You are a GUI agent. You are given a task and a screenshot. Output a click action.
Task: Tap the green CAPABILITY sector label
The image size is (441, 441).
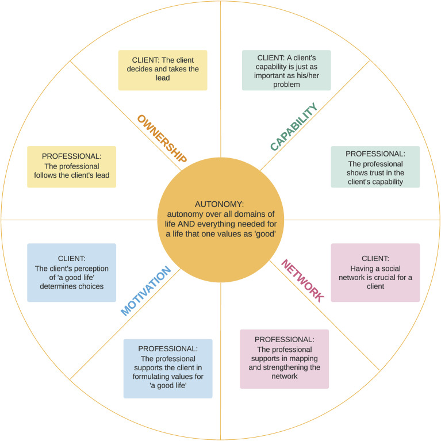point(294,128)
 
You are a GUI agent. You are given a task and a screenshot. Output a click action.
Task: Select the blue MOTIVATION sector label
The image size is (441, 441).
point(146,291)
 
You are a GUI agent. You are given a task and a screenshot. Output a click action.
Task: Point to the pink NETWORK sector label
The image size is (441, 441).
point(302,281)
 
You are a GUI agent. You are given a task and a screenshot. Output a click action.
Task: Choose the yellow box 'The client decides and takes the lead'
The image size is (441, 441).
point(163,70)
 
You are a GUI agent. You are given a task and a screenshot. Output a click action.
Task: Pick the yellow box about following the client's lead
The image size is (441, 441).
point(72,166)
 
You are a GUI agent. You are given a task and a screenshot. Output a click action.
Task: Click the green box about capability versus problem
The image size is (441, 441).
point(286,70)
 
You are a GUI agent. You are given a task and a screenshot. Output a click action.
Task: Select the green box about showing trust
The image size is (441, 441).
point(375,167)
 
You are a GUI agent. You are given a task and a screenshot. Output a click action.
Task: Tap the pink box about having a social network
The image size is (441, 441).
point(375,273)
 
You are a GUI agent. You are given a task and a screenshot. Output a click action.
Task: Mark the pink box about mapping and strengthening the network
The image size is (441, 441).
point(284,358)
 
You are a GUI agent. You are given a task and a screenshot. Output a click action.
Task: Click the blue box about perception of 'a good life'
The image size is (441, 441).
point(72,273)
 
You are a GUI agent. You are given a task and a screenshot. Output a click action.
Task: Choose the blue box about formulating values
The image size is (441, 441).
point(168,368)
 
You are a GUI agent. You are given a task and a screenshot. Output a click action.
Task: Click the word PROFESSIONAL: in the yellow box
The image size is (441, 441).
point(72,156)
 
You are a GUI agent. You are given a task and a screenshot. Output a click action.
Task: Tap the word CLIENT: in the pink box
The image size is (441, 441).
point(375,259)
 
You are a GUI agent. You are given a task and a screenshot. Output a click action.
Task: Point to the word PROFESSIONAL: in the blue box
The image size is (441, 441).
point(168,348)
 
